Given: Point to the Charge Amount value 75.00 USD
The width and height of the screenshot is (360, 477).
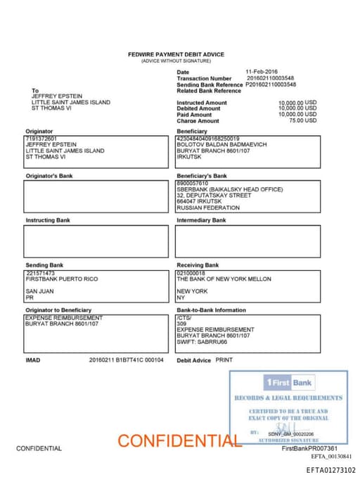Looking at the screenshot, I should (x=302, y=120).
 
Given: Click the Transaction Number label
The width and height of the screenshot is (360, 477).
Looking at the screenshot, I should (x=204, y=78).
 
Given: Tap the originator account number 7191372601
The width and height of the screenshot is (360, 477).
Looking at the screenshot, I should (x=41, y=139).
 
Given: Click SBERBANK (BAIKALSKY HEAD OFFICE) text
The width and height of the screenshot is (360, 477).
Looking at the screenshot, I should (x=230, y=189).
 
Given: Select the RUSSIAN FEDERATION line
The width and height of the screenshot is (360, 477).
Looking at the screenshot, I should (x=208, y=208).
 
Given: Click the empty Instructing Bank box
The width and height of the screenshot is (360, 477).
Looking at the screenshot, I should (x=96, y=241).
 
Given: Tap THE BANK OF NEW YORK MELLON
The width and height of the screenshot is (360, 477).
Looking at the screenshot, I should (x=224, y=279).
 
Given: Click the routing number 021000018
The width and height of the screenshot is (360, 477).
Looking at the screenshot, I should (x=191, y=273).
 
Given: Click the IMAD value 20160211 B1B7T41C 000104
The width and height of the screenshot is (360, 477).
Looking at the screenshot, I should (x=127, y=360).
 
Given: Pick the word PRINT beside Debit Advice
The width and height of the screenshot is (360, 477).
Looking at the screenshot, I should (x=224, y=360).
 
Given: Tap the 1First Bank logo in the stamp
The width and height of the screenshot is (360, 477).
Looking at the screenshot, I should (x=288, y=382).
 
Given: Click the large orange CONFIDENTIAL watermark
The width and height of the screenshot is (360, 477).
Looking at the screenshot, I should (x=179, y=441).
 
